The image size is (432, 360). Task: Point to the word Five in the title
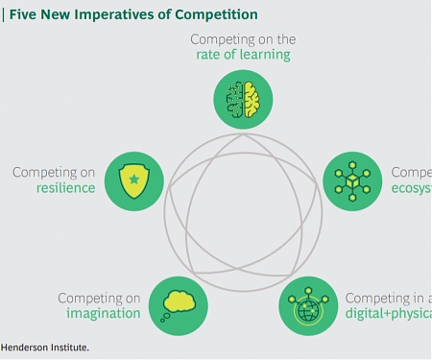click(x=24, y=14)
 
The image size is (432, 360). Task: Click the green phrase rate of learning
click(x=243, y=55)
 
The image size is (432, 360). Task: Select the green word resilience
click(x=67, y=188)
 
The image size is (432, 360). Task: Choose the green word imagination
click(x=103, y=314)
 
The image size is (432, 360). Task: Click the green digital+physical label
click(x=388, y=314)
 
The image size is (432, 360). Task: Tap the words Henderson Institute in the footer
click(x=44, y=348)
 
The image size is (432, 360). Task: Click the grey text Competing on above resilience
click(x=54, y=173)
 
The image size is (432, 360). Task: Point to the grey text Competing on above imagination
click(x=99, y=299)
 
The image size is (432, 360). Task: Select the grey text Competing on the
click(x=243, y=39)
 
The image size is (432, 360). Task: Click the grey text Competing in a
click(x=388, y=299)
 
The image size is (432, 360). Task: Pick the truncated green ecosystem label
click(x=411, y=188)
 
